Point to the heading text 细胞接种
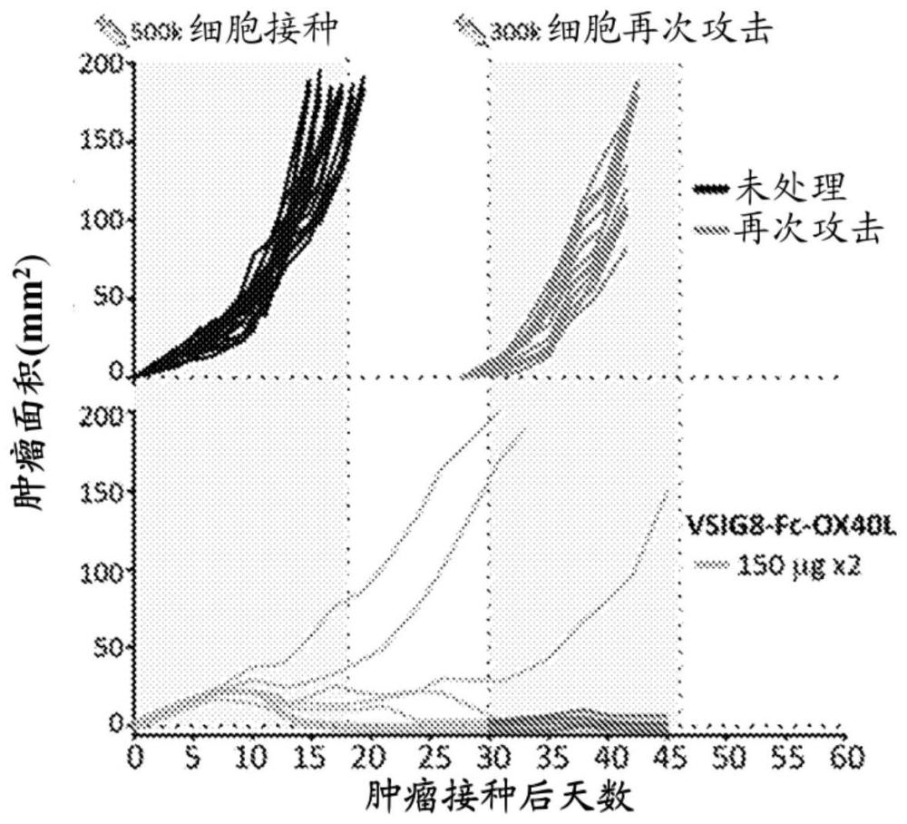(264, 30)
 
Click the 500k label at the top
(155, 34)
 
